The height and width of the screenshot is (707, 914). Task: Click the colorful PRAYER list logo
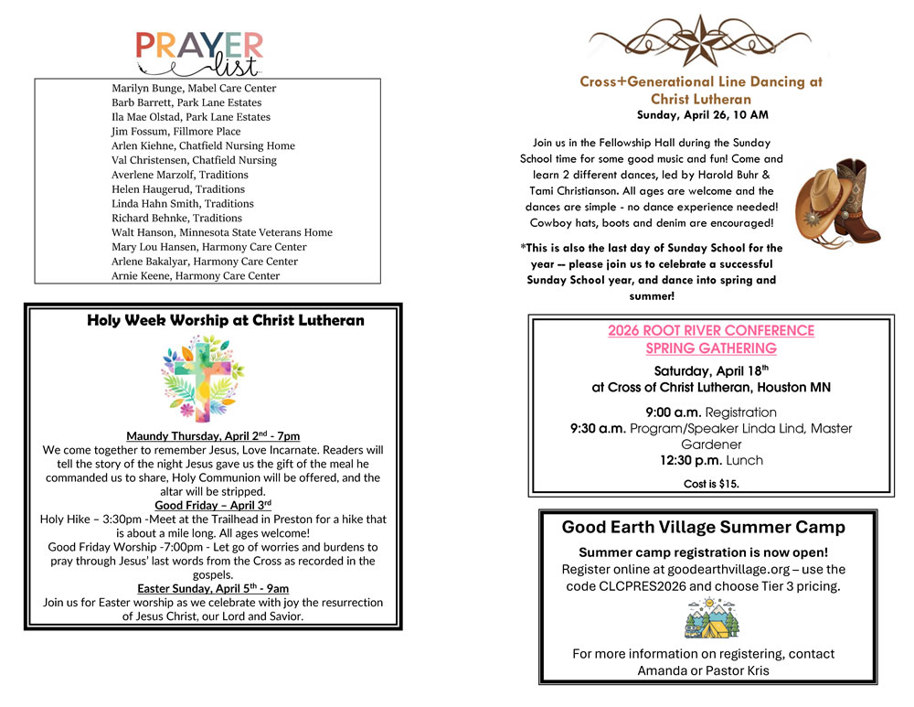click(199, 53)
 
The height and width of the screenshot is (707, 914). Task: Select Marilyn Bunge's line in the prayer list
click(194, 89)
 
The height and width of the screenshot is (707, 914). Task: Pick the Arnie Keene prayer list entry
click(196, 276)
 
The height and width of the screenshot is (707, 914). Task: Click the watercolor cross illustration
click(202, 378)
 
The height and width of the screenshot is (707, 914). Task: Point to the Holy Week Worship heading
click(225, 321)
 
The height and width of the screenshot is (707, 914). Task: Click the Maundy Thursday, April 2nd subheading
click(213, 436)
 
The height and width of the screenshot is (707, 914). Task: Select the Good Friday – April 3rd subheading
click(213, 505)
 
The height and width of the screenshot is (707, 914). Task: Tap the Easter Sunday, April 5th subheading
click(213, 588)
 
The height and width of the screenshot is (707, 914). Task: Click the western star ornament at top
click(701, 39)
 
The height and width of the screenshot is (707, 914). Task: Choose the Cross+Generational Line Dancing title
click(701, 90)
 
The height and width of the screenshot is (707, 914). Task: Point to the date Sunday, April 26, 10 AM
click(702, 115)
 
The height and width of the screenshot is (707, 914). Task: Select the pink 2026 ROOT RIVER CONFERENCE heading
click(711, 339)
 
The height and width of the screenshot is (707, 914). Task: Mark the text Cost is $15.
click(711, 484)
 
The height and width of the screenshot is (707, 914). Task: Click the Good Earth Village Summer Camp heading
click(703, 528)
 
